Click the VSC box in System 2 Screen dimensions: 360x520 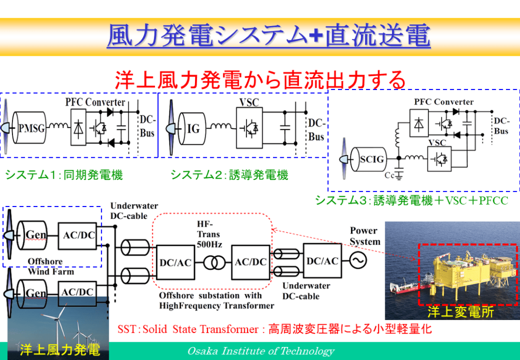249,127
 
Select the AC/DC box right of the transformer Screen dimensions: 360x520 251,262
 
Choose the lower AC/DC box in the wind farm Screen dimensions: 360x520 78,293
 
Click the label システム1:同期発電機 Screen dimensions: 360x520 64,175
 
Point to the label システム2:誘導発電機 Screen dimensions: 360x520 229,175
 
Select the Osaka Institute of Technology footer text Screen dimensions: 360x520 261,351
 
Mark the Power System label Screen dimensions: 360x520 365,236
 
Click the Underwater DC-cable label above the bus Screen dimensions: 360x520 134,211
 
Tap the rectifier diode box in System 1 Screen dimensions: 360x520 78,127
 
